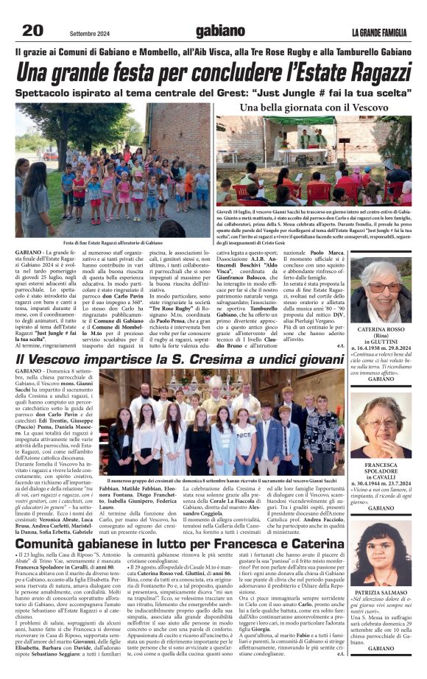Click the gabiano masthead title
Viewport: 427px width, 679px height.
coord(220,31)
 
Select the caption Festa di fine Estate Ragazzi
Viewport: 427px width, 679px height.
coord(113,242)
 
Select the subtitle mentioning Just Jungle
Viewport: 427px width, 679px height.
coord(213,94)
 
